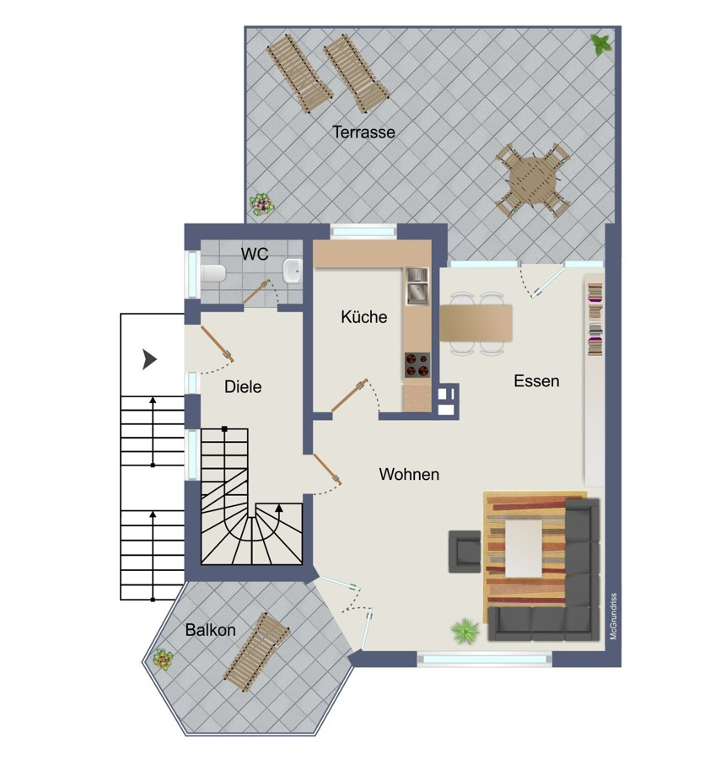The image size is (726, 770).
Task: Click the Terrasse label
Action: [x=363, y=132]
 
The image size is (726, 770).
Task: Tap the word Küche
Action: [x=363, y=317]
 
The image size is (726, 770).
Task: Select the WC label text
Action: [x=255, y=254]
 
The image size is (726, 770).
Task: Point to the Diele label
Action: [x=243, y=387]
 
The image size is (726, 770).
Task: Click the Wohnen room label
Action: [x=409, y=474]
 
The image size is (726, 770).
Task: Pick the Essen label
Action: [x=536, y=381]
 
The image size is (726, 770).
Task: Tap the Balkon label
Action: [x=211, y=630]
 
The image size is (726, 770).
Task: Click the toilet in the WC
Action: [x=213, y=273]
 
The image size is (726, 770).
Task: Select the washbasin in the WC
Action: [x=292, y=271]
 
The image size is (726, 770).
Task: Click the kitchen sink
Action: [x=417, y=286]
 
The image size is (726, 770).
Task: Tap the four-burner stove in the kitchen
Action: [x=417, y=365]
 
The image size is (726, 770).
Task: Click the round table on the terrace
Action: [x=533, y=180]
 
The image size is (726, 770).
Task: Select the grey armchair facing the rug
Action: [x=465, y=552]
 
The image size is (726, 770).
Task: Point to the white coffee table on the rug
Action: [x=524, y=548]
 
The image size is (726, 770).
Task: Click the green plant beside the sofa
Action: [x=465, y=631]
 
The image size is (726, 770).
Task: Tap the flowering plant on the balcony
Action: [x=163, y=660]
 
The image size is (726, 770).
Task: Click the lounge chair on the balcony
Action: [x=256, y=652]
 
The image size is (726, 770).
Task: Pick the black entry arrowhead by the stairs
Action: [x=149, y=359]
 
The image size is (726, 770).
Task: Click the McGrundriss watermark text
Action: [x=613, y=617]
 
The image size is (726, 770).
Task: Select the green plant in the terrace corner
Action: [x=601, y=45]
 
